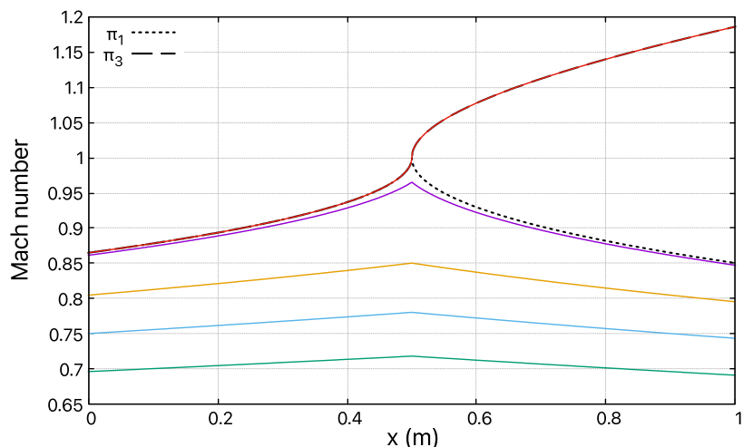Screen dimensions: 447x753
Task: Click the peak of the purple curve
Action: tap(412, 182)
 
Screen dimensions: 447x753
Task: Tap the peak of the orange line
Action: tap(412, 263)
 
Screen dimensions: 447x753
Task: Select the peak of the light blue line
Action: tap(412, 312)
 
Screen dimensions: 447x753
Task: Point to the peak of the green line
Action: tap(412, 356)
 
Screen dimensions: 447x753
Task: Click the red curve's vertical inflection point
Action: tap(413, 160)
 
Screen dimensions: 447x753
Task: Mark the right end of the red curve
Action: tap(734, 27)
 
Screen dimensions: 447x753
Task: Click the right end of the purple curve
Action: tap(734, 265)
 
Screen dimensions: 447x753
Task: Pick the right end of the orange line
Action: tap(734, 301)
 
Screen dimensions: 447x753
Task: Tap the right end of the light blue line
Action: tap(734, 338)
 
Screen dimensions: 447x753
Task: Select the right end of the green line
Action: tap(734, 374)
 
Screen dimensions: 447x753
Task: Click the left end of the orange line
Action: tap(88, 296)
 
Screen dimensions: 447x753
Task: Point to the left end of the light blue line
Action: tap(88, 334)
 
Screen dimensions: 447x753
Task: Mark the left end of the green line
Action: tap(88, 372)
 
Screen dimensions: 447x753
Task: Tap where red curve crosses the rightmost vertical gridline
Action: tap(605, 60)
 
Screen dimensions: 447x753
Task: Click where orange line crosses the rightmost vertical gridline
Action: tap(605, 286)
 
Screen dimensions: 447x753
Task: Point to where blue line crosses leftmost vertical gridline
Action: tap(218, 325)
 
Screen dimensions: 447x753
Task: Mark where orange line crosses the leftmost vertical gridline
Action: tap(218, 283)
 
